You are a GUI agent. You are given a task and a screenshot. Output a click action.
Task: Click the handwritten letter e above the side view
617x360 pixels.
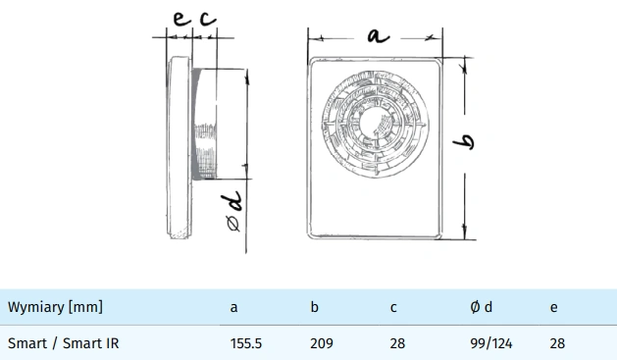(181, 19)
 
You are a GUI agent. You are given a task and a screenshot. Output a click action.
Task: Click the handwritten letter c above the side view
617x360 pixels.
(208, 19)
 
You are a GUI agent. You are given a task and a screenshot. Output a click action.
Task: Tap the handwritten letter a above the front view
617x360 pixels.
(379, 36)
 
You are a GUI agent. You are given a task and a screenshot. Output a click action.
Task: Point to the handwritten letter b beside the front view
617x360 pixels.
(464, 142)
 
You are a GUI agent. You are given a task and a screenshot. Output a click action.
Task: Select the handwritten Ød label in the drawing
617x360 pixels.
(234, 211)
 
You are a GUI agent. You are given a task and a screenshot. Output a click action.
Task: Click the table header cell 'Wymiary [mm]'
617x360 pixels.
(55, 307)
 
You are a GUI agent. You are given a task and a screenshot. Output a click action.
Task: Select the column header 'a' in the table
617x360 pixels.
(233, 308)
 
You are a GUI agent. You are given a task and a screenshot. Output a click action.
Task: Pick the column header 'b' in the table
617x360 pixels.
(314, 307)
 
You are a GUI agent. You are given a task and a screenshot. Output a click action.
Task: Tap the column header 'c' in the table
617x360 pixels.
(393, 308)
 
